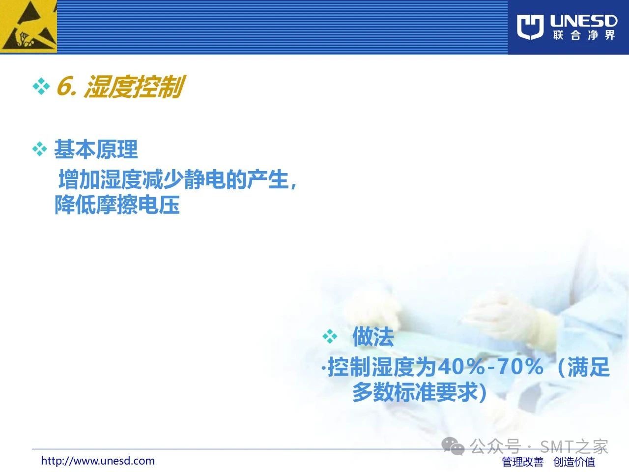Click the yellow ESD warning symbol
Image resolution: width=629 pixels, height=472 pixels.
pyautogui.click(x=29, y=27)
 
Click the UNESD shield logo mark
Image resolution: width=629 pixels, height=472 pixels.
pyautogui.click(x=530, y=27)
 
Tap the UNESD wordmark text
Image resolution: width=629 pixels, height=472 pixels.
pyautogui.click(x=583, y=21)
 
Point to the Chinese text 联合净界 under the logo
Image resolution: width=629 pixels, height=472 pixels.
pyautogui.click(x=583, y=35)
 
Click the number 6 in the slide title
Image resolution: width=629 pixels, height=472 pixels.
pyautogui.click(x=65, y=86)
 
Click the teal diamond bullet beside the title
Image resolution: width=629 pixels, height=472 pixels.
pyautogui.click(x=41, y=86)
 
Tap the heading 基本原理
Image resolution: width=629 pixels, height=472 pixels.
pyautogui.click(x=96, y=149)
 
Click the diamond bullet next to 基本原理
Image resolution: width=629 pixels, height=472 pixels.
pyautogui.click(x=39, y=149)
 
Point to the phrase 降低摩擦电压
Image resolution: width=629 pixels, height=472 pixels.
pyautogui.click(x=117, y=205)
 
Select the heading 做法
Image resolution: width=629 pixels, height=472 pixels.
pyautogui.click(x=373, y=336)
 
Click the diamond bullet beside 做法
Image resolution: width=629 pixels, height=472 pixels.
pyautogui.click(x=330, y=336)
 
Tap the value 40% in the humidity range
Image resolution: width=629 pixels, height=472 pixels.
pyautogui.click(x=461, y=367)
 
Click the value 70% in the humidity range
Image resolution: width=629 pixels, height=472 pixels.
pyautogui.click(x=520, y=367)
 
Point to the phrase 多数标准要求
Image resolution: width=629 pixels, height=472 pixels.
pyautogui.click(x=416, y=392)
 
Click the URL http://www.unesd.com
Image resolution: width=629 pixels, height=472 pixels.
pyautogui.click(x=98, y=461)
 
